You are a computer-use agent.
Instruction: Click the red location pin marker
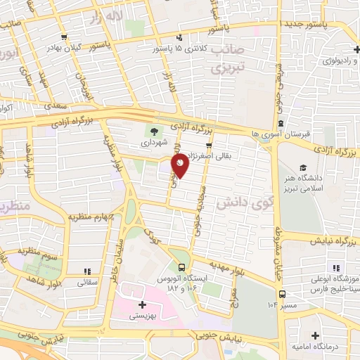pyautogui.click(x=181, y=165)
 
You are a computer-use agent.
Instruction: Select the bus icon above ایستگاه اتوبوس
pyautogui.click(x=182, y=267)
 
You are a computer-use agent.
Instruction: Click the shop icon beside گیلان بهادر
pyautogui.click(x=65, y=37)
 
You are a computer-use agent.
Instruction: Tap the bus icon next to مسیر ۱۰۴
pyautogui.click(x=282, y=295)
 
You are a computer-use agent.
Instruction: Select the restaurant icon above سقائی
pyautogui.click(x=87, y=271)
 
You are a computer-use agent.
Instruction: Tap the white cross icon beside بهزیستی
pyautogui.click(x=142, y=305)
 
